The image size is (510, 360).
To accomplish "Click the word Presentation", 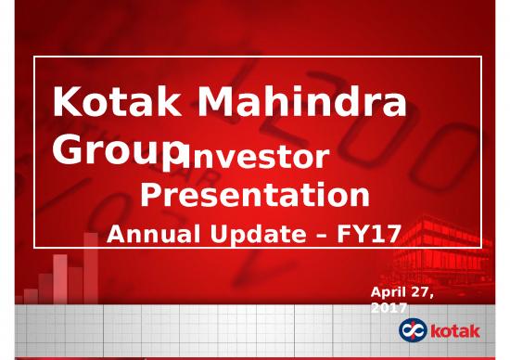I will point(254,196).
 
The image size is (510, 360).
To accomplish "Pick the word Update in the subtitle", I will point(261,235).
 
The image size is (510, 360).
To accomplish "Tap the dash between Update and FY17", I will point(321,236).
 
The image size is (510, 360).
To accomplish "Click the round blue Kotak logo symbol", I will point(413,330).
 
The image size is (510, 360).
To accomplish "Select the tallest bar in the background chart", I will point(91,269).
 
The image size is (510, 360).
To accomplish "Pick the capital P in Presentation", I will point(149,196).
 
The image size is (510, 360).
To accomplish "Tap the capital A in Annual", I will point(118,235).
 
